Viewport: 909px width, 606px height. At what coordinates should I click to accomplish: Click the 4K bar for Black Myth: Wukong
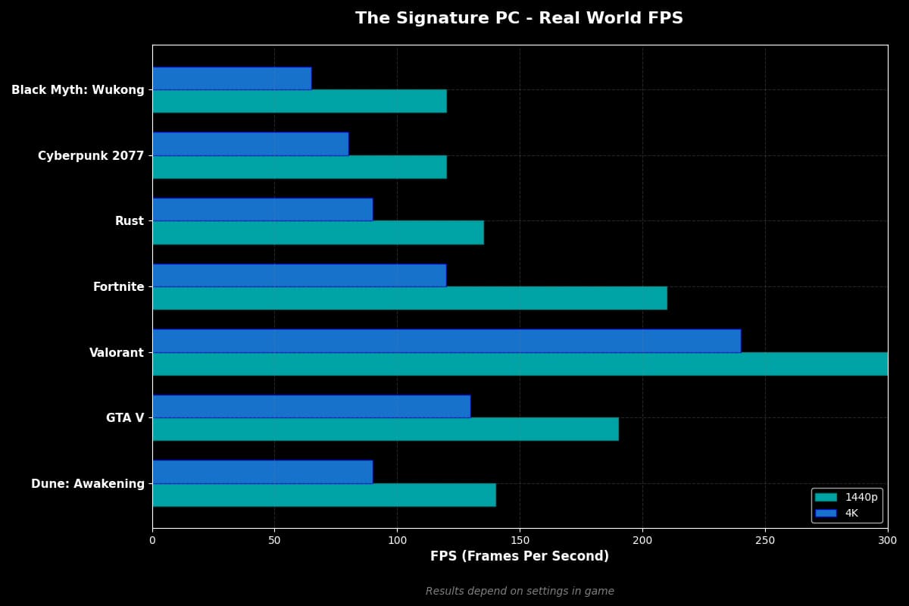point(231,78)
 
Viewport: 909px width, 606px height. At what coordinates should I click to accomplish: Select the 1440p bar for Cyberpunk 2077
point(299,167)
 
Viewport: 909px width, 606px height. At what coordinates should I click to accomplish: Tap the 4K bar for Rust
point(262,210)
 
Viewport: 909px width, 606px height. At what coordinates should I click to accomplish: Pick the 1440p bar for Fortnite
point(409,298)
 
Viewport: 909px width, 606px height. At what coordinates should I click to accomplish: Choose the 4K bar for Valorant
point(446,341)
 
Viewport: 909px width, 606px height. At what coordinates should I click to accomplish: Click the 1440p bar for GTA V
point(385,429)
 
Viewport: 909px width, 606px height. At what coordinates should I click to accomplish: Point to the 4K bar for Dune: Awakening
point(262,472)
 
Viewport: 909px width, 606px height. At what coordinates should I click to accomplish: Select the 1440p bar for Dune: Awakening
point(323,495)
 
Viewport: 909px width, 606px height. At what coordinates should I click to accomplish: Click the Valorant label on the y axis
point(117,352)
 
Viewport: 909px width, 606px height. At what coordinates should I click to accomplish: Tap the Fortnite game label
point(118,287)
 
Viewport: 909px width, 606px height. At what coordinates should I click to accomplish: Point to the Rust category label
point(130,221)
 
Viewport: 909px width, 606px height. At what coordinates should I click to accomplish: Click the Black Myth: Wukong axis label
point(78,90)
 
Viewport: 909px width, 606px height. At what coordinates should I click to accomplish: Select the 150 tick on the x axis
point(520,540)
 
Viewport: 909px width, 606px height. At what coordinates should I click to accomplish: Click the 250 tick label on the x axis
point(765,540)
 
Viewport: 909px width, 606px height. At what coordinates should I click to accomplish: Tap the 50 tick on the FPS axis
point(274,540)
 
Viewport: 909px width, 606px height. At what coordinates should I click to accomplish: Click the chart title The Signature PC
point(520,18)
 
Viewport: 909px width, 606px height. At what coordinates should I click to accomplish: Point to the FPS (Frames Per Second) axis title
point(520,556)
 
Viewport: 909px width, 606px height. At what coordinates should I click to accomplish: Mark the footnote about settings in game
point(520,591)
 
